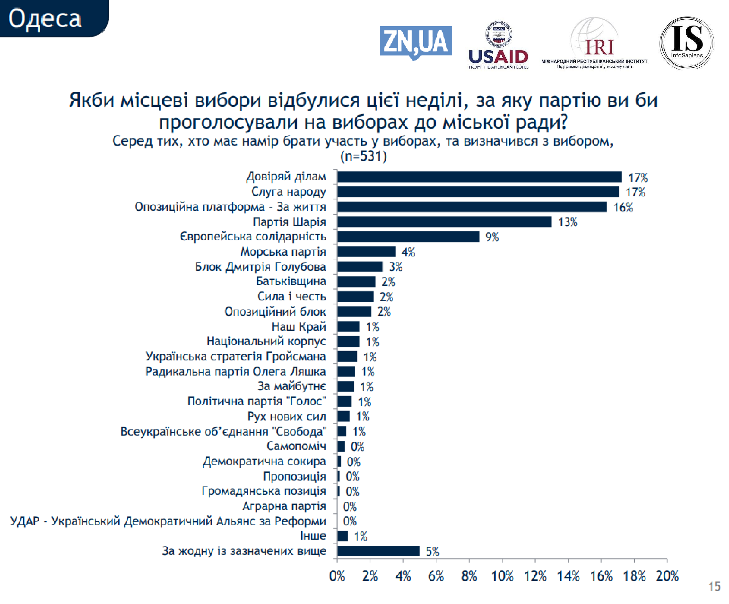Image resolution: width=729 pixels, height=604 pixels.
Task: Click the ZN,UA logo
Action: point(416,42)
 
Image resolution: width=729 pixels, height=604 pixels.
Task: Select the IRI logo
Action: point(594,44)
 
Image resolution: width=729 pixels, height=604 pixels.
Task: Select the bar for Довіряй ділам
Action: point(479,177)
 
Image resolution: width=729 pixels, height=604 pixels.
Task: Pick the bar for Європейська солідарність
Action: point(408,236)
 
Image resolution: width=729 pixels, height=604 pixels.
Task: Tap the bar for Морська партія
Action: point(366,252)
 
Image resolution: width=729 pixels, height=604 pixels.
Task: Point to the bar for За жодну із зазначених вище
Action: point(378,551)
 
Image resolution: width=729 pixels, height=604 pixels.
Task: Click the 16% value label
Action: point(623,207)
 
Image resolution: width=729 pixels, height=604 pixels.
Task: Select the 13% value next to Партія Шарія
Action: point(567,222)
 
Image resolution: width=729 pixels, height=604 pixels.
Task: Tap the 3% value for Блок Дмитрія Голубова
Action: point(395,267)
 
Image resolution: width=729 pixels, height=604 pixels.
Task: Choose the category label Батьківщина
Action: point(291,281)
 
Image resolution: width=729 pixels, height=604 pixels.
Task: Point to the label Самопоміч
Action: point(296,446)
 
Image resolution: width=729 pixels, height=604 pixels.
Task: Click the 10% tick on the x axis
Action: point(502,576)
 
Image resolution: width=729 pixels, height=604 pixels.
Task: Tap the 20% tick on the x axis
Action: point(667,576)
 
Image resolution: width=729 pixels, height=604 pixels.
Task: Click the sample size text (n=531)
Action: point(364,156)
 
